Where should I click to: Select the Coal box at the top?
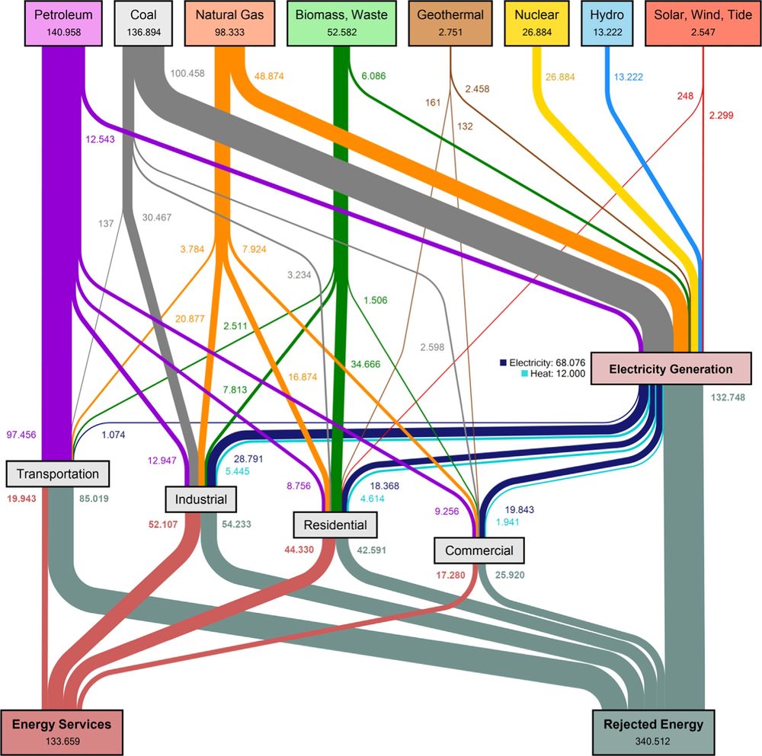pyautogui.click(x=143, y=24)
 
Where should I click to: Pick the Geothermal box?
pyautogui.click(x=450, y=24)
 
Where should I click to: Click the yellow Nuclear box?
pyautogui.click(x=536, y=24)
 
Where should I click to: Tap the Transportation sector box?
pyautogui.click(x=59, y=474)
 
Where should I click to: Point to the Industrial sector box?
pyautogui.click(x=201, y=499)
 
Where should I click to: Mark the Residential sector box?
pyautogui.click(x=335, y=524)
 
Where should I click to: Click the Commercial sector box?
pyautogui.click(x=479, y=550)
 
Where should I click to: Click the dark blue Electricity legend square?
pyautogui.click(x=504, y=362)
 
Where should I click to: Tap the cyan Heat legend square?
pyautogui.click(x=504, y=374)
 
